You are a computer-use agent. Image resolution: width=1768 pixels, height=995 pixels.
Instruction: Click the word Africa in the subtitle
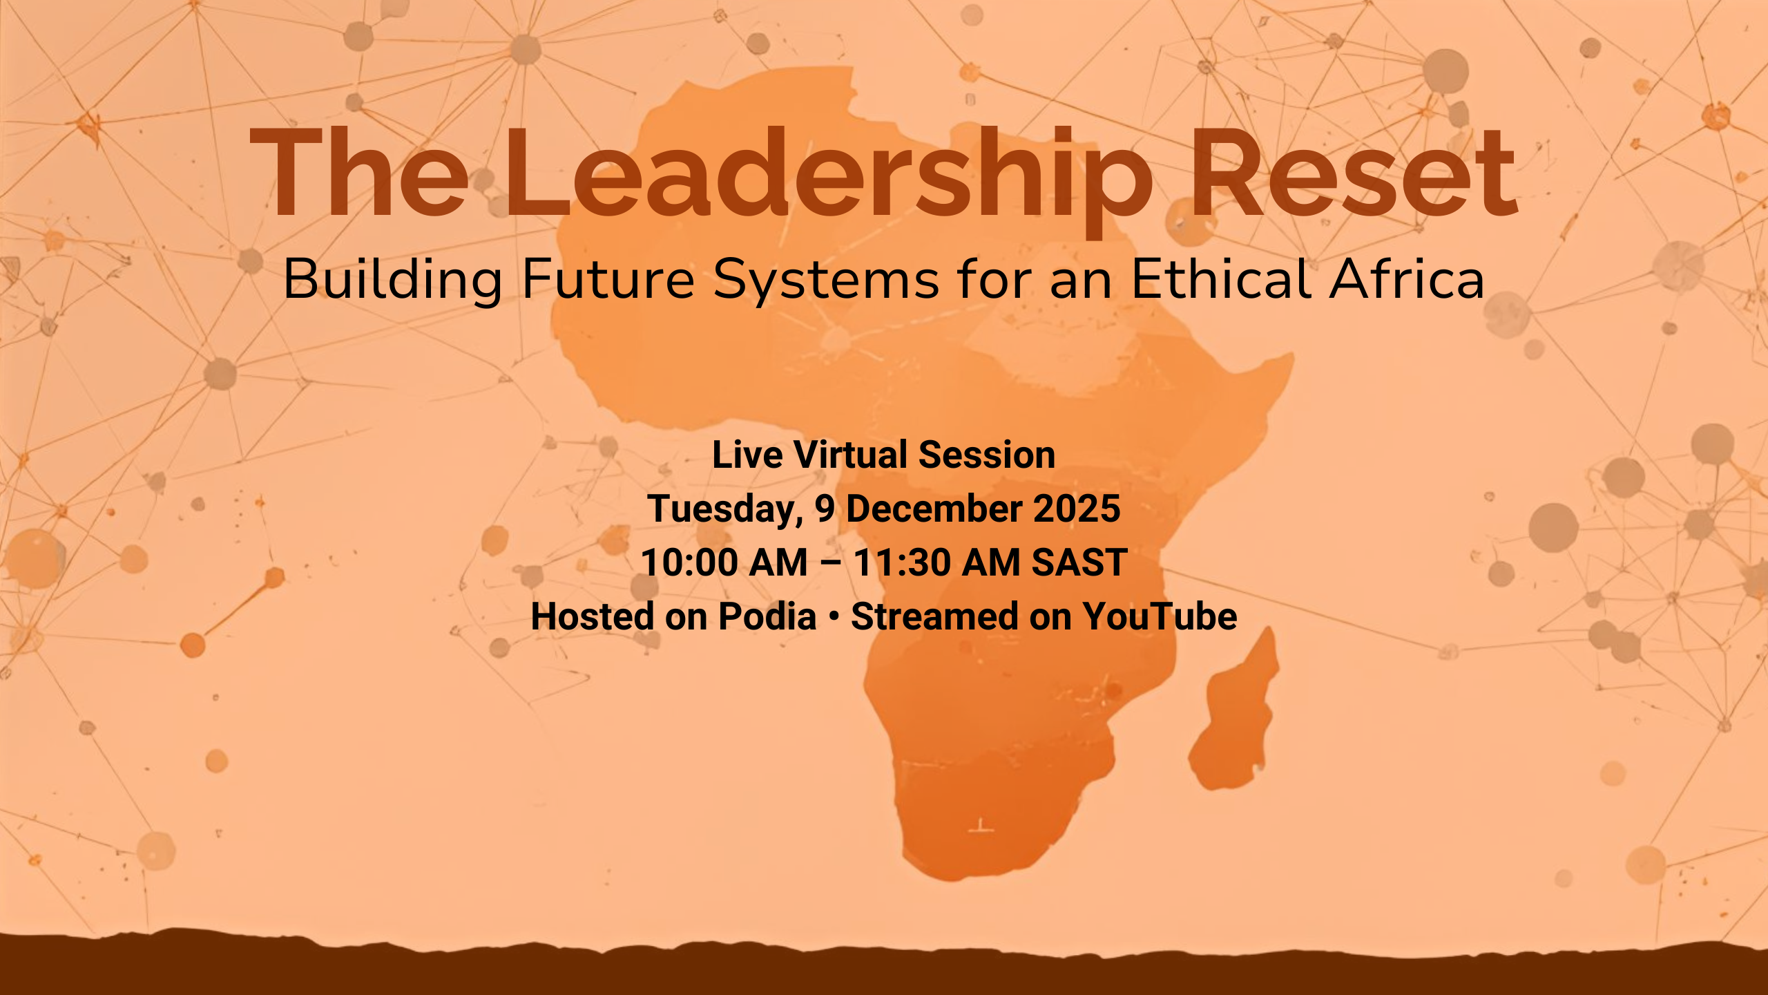pos(1407,278)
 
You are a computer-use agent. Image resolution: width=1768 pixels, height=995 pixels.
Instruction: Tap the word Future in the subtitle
pos(608,279)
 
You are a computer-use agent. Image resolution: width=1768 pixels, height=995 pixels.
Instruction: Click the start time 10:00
pos(690,562)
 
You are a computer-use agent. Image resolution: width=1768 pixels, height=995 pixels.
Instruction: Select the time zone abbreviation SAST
pos(1079,562)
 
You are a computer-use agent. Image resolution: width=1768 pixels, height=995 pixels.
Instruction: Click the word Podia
pos(767,616)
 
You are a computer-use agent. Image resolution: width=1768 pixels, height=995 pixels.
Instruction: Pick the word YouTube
pos(1160,616)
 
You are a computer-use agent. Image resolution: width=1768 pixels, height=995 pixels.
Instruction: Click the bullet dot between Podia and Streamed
pos(834,616)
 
